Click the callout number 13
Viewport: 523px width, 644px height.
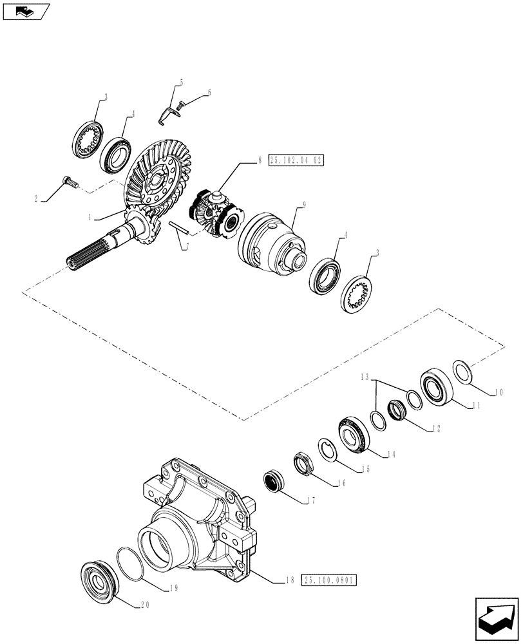[x=365, y=377]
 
